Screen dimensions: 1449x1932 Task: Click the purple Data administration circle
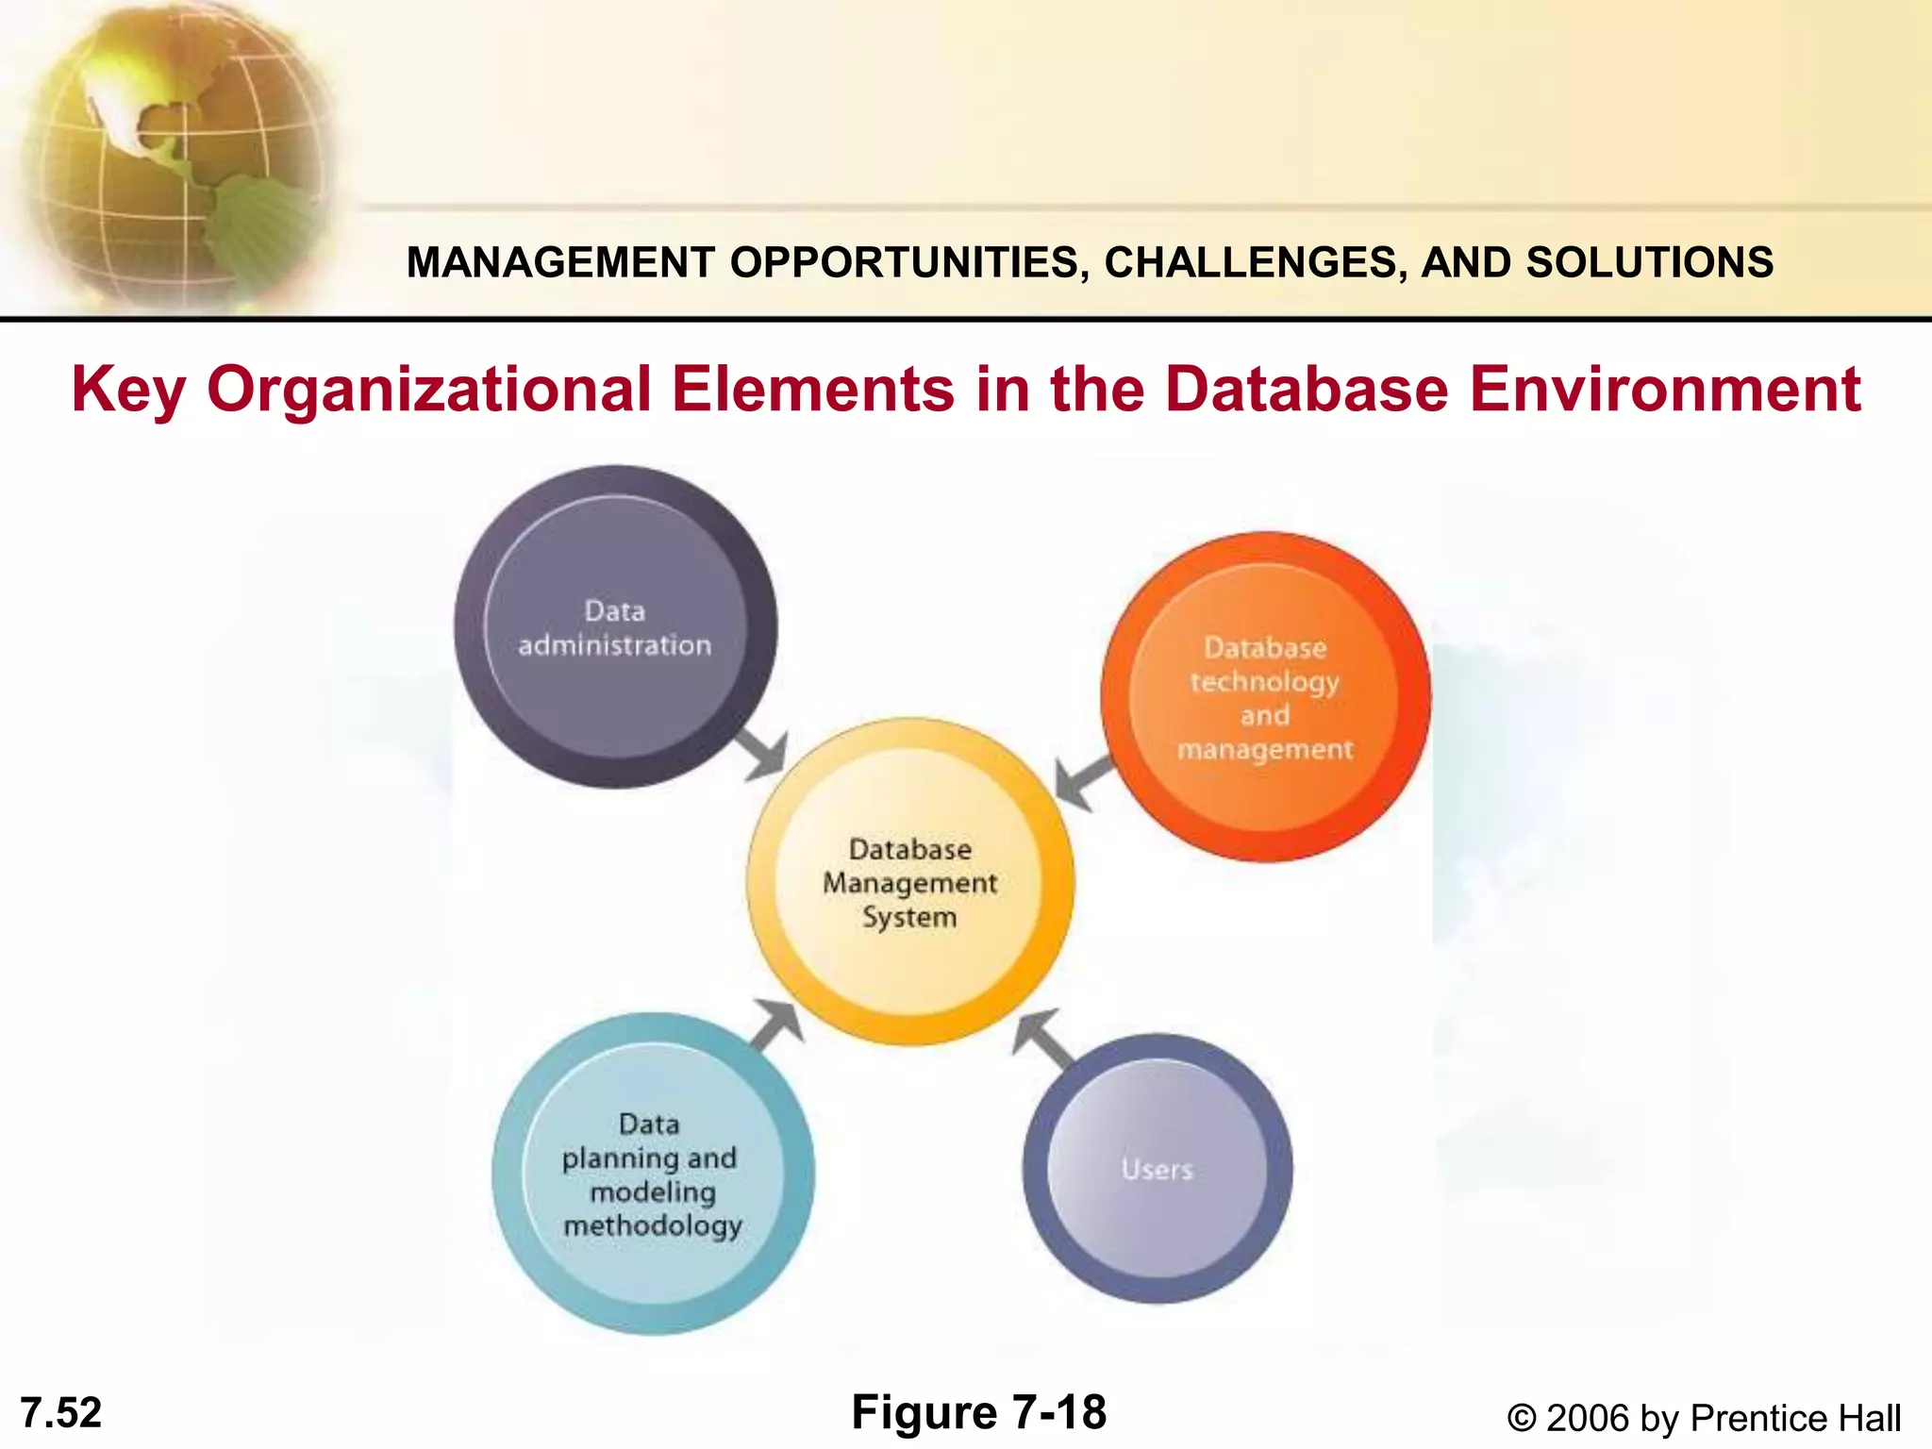point(615,626)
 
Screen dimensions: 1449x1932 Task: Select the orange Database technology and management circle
point(1265,697)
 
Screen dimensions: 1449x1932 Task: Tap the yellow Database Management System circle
point(910,882)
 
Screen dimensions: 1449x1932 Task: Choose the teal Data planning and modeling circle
point(653,1174)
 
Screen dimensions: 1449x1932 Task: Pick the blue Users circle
point(1158,1169)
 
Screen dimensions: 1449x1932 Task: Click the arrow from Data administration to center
point(762,753)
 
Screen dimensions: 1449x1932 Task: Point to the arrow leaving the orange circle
point(1083,781)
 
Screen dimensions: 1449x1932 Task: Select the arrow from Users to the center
point(1045,1041)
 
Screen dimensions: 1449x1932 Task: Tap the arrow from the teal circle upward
point(777,1025)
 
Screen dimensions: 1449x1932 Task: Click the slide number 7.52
point(61,1413)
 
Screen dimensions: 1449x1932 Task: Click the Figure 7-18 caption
point(978,1412)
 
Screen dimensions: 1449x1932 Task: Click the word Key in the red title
point(127,391)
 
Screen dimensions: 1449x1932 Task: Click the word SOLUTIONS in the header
point(1650,262)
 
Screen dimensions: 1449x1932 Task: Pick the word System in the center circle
point(909,917)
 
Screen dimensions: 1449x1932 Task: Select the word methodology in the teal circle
point(653,1225)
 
